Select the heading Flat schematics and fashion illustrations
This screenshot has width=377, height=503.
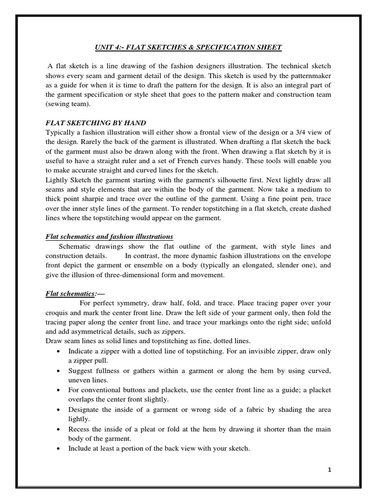tap(109, 237)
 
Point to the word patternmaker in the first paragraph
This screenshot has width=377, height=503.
tap(309, 76)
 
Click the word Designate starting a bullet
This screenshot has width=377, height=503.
tap(87, 409)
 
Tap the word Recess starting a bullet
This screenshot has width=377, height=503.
tap(81, 429)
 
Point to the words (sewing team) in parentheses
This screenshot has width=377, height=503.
tap(68, 104)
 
